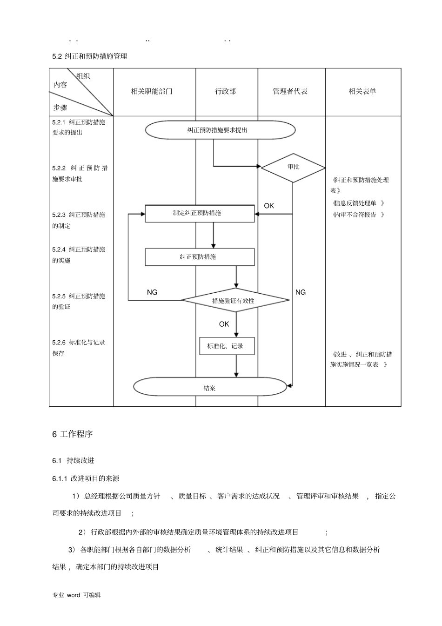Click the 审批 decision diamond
tap(293, 167)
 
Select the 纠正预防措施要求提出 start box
tap(220, 130)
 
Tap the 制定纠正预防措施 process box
tap(200, 213)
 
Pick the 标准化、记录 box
tap(227, 346)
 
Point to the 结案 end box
tap(209, 388)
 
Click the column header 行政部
tap(226, 92)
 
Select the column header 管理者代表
tap(290, 92)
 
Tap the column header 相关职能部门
tap(152, 92)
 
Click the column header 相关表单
tap(362, 92)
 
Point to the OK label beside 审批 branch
tap(269, 206)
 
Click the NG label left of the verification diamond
tap(152, 292)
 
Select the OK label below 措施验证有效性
tap(224, 324)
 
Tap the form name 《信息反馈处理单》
tap(358, 203)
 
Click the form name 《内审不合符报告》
tap(358, 215)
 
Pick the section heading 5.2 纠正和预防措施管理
tap(90, 56)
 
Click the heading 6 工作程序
tap(73, 434)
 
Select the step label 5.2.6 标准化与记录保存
tap(79, 348)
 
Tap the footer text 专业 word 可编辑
tap(77, 595)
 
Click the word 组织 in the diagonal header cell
tap(83, 76)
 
